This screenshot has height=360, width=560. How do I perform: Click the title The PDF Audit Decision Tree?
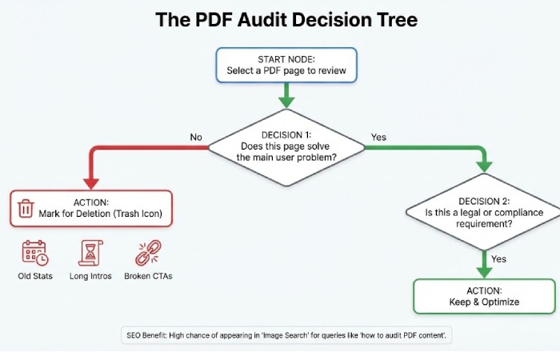286,19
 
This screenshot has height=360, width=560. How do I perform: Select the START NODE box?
286,65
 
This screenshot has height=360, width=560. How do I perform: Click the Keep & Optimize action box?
484,295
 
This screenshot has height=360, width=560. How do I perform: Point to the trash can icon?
26,208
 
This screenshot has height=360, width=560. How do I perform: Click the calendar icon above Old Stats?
34,253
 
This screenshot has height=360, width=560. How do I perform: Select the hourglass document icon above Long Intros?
90,253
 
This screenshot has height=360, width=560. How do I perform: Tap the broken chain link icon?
147,253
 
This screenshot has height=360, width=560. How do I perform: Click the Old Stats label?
34,276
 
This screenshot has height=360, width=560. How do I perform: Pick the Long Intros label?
90,276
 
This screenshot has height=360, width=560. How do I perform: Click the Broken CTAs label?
147,276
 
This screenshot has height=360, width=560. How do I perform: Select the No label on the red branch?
196,138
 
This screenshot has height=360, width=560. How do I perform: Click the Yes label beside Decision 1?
378,138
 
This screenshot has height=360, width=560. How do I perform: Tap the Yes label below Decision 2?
498,259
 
